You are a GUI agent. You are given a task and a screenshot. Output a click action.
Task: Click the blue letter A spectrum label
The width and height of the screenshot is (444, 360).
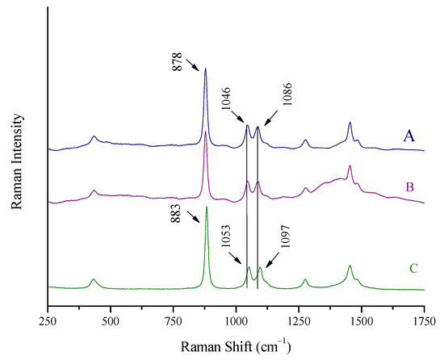pos(409,136)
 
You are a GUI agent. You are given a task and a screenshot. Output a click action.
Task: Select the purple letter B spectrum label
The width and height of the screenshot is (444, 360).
pos(409,187)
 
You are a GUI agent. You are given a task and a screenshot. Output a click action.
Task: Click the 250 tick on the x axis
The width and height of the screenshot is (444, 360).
pos(48,320)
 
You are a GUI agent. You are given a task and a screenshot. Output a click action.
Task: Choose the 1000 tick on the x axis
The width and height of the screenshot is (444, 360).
pos(236,320)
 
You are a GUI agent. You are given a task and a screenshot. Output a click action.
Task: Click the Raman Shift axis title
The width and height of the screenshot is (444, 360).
pos(236,345)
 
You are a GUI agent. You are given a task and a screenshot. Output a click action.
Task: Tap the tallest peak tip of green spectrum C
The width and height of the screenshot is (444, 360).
pos(207,207)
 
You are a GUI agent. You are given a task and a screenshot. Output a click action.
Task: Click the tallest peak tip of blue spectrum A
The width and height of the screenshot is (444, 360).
pos(205,69)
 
